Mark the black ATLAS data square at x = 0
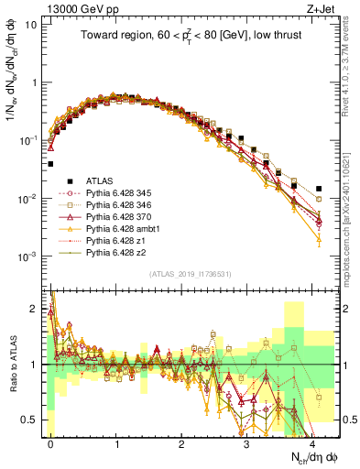50,164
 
